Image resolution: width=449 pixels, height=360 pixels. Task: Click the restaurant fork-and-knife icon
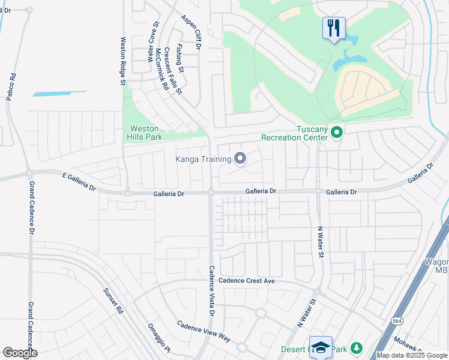334,28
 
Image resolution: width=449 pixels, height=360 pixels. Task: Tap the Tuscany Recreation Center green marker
337,132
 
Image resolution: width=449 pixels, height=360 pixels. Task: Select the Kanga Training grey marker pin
240,158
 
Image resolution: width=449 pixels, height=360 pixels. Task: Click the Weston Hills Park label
145,133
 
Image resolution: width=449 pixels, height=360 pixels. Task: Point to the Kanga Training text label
203,159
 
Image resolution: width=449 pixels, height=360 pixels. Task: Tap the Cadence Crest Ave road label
246,280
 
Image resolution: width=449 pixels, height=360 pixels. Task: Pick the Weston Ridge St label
122,61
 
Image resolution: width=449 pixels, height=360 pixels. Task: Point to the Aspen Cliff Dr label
193,31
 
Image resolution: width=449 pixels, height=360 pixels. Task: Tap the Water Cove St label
152,42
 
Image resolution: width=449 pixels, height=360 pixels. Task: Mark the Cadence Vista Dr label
211,291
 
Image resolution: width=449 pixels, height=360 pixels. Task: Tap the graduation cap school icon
321,347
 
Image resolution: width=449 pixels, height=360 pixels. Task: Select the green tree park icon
357,348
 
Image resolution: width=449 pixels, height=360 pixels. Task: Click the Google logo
20,353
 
